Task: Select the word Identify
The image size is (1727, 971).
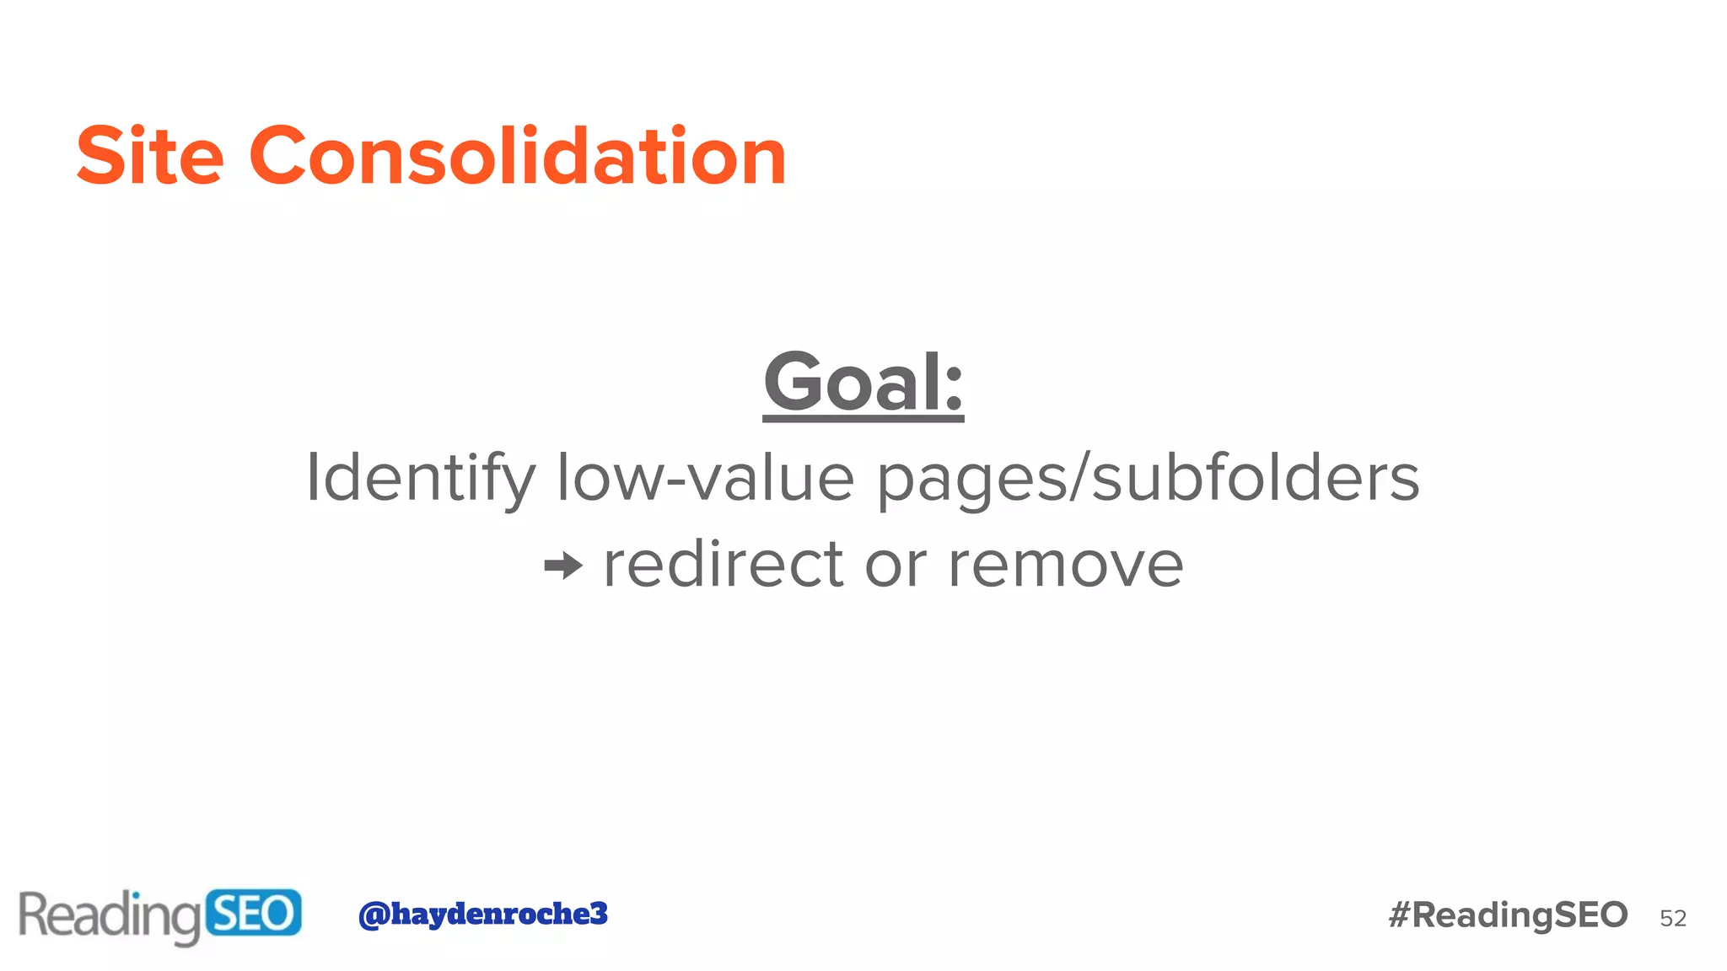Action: click(420, 479)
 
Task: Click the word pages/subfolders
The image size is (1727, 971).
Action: click(1149, 479)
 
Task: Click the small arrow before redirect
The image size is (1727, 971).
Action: click(563, 566)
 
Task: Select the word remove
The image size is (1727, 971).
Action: click(1066, 566)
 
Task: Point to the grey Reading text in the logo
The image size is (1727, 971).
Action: click(110, 916)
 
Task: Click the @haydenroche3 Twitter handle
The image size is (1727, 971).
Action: click(483, 914)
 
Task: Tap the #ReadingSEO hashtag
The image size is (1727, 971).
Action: click(1508, 915)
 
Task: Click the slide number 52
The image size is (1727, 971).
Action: click(1673, 918)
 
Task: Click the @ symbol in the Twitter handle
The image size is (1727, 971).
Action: click(374, 915)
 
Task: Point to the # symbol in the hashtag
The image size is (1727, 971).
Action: click(1400, 915)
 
